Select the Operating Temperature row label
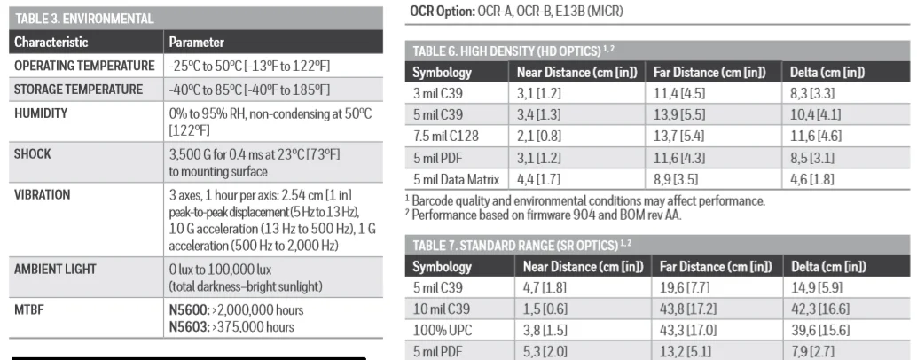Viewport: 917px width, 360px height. click(x=84, y=66)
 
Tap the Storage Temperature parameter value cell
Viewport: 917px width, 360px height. click(x=249, y=90)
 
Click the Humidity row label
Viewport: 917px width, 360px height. click(x=41, y=113)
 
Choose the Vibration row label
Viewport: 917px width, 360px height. click(x=43, y=194)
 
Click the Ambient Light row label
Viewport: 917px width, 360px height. click(x=55, y=269)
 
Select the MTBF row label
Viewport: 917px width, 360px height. click(x=29, y=310)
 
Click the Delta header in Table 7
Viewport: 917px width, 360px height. click(x=828, y=266)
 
